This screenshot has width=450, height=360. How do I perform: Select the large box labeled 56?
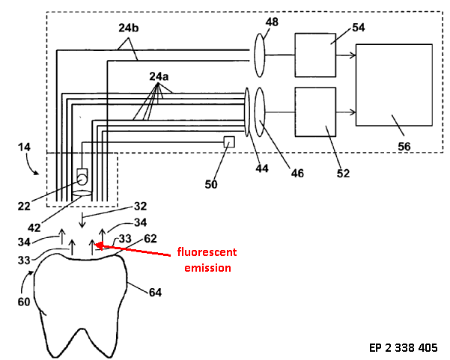394,85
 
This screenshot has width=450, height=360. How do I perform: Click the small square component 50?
230,141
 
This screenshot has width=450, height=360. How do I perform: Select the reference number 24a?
159,77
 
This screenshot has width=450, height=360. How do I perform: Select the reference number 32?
140,206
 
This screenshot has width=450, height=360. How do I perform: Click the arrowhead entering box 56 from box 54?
353,55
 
